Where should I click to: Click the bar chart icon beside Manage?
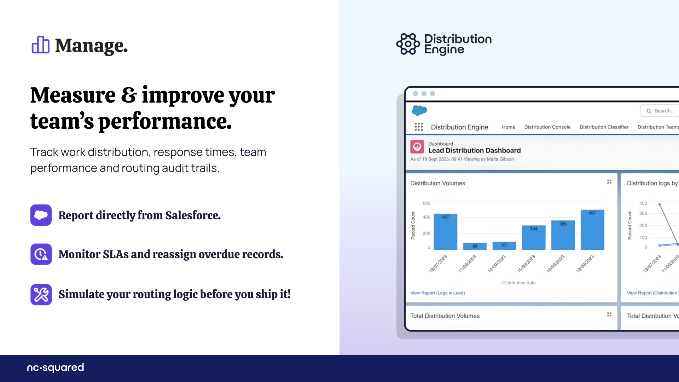[40, 45]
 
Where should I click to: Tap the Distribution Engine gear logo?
[408, 44]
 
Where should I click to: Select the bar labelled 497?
[592, 230]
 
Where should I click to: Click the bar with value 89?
[475, 246]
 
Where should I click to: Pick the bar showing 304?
[534, 238]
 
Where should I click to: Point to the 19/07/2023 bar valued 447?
[446, 232]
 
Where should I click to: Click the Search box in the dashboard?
[660, 111]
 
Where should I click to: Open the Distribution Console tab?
[547, 127]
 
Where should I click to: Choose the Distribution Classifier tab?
[604, 127]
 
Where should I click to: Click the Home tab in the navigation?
[509, 127]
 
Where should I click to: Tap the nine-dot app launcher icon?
[419, 127]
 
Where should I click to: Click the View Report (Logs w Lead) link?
[437, 293]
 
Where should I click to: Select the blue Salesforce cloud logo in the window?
[419, 110]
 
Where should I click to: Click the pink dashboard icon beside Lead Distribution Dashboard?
[417, 147]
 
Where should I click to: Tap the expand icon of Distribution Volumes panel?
[609, 182]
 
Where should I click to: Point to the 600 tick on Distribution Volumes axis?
[426, 203]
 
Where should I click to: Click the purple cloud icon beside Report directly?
[41, 215]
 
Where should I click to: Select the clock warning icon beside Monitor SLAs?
[41, 254]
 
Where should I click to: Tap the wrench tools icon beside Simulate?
[41, 295]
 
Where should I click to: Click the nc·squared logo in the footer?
[56, 368]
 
